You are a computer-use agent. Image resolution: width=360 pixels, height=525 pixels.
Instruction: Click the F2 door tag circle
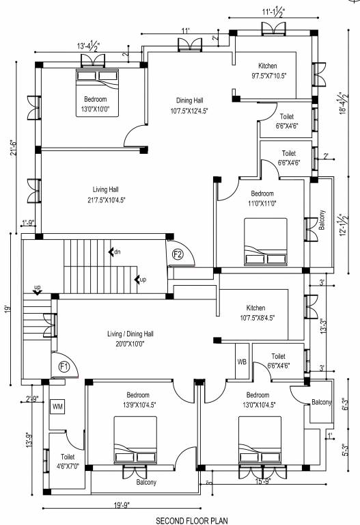tap(178, 254)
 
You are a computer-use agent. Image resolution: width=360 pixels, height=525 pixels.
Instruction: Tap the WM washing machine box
tap(57, 406)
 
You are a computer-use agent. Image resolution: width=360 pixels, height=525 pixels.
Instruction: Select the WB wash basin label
tap(242, 361)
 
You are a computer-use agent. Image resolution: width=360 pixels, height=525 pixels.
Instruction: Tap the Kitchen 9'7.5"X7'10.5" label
tap(272, 70)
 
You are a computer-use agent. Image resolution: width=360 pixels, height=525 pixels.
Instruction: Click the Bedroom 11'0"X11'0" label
tap(262, 198)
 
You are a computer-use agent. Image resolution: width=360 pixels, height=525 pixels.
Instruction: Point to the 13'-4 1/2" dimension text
tap(89, 46)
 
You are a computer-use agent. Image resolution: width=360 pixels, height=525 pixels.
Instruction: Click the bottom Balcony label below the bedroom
tap(146, 482)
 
